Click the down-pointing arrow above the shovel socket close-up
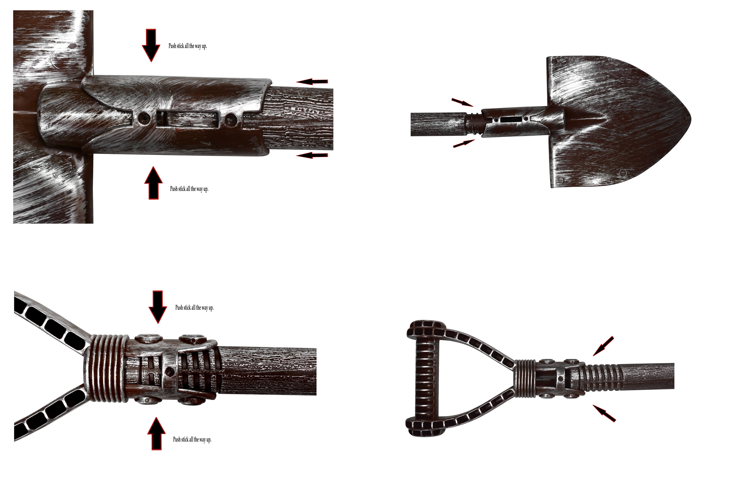click(151, 45)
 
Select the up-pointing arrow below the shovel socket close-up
click(153, 183)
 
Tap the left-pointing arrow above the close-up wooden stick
click(312, 82)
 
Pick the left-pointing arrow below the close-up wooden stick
click(312, 155)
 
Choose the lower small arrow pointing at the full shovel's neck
click(464, 144)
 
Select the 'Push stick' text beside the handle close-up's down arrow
click(194, 307)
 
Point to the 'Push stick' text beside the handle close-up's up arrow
click(192, 439)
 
